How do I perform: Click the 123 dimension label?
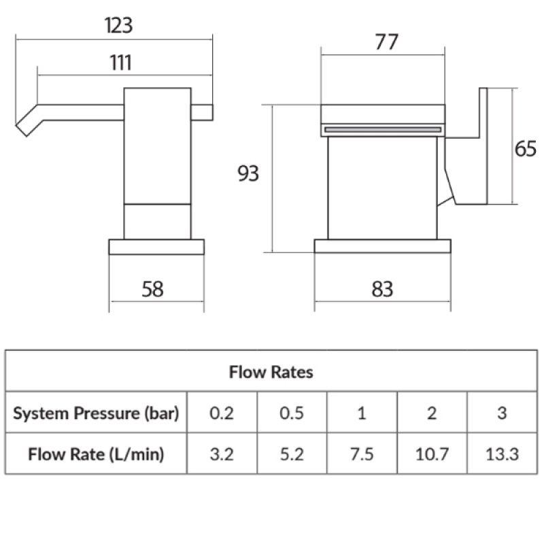tap(118, 26)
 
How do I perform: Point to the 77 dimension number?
tap(386, 42)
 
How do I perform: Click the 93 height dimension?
tap(248, 174)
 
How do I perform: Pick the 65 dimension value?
tap(525, 149)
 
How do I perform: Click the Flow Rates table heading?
tap(271, 372)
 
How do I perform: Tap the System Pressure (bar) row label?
tap(96, 413)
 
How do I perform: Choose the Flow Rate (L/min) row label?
tap(96, 454)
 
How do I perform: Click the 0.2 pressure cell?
tap(222, 413)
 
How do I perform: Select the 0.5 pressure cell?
tap(292, 413)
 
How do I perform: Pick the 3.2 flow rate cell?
tap(222, 454)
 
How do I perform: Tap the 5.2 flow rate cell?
tap(292, 454)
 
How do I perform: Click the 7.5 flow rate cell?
tap(362, 454)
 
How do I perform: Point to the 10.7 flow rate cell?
tap(431, 454)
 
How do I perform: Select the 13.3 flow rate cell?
tap(502, 454)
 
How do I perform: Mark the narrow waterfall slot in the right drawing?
tap(383, 129)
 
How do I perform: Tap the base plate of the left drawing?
tap(156, 246)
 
